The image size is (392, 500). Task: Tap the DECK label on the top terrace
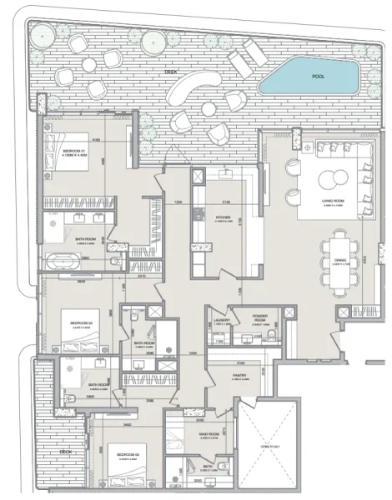click(171, 72)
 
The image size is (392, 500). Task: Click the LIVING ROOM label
click(334, 201)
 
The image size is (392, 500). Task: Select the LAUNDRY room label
click(221, 320)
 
